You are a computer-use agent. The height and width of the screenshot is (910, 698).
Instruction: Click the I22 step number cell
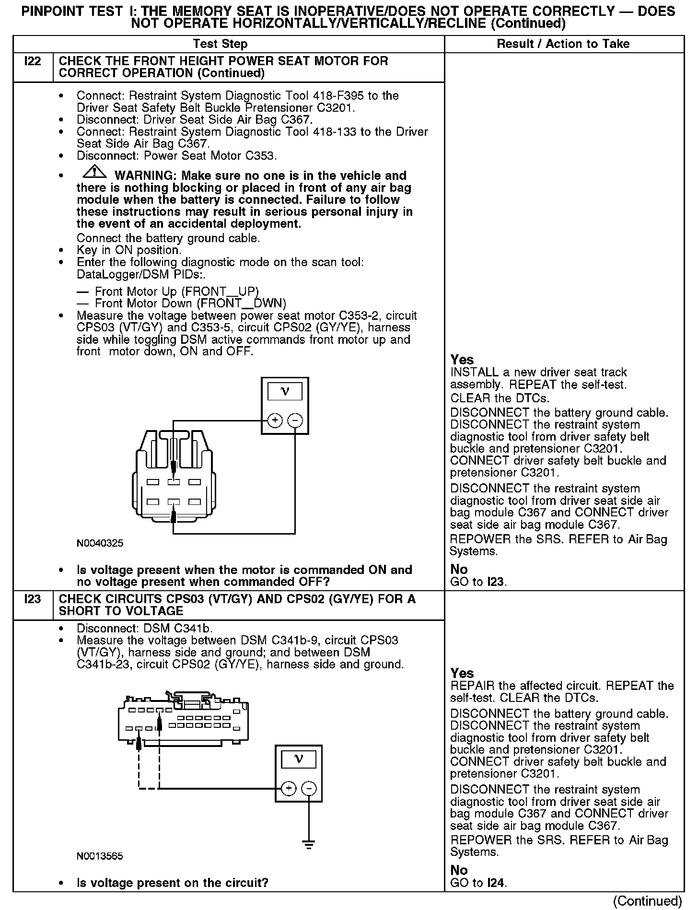point(32,61)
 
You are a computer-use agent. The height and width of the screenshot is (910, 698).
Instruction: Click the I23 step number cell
point(32,599)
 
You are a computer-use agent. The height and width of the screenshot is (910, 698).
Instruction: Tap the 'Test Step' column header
point(220,44)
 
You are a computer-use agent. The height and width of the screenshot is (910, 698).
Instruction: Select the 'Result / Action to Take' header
point(563,44)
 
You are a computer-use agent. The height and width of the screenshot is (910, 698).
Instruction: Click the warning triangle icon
point(95,171)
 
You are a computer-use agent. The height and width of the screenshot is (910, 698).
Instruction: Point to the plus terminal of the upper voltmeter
point(275,420)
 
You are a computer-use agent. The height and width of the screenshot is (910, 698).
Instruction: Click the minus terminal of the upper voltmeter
point(295,420)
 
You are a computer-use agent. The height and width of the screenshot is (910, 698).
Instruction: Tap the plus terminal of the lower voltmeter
point(289,789)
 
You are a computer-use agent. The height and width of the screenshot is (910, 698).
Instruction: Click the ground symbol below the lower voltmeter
point(309,845)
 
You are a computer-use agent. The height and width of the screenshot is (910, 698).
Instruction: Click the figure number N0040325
point(100,543)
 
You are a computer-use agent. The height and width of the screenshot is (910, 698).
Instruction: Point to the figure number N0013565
point(100,856)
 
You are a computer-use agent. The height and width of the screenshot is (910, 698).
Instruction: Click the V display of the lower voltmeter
point(298,759)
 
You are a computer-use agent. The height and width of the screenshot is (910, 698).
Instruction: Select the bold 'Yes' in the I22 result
point(462,360)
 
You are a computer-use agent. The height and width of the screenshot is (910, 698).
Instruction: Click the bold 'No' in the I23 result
point(459,870)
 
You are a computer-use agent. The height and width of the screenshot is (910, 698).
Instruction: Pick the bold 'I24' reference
point(496,882)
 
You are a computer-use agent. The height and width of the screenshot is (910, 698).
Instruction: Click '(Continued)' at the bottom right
point(647,901)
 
